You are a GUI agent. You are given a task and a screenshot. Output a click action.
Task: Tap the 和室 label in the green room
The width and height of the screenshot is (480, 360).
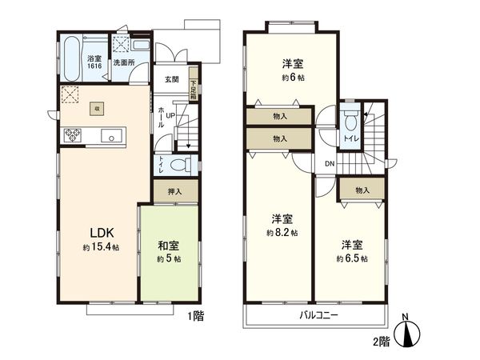(168, 246)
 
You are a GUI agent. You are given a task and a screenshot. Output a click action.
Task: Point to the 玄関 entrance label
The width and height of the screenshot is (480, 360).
(172, 79)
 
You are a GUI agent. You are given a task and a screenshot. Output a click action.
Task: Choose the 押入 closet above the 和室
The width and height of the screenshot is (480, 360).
(174, 191)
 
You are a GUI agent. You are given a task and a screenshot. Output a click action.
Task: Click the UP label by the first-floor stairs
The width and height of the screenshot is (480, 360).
(171, 114)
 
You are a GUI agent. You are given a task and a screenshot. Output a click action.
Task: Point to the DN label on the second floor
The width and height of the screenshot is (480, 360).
(330, 165)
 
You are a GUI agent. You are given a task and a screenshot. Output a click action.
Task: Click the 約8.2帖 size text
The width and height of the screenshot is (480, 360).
(284, 232)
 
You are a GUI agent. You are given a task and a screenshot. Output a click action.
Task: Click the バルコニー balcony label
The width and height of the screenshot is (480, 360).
(319, 315)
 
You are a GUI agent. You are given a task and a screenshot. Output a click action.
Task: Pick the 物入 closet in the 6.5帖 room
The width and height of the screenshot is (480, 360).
(362, 190)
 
